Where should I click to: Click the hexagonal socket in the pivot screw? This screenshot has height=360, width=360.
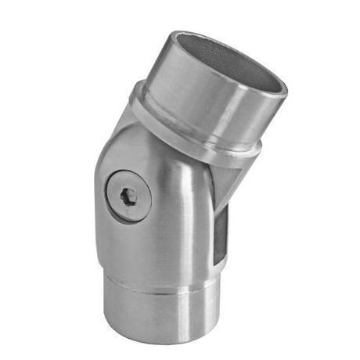pyautogui.click(x=128, y=195)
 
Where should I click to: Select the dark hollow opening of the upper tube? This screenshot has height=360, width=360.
pyautogui.click(x=235, y=63)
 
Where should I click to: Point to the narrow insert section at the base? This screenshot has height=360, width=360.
pyautogui.click(x=160, y=313)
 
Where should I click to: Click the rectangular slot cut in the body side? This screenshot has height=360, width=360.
pyautogui.click(x=221, y=235)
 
